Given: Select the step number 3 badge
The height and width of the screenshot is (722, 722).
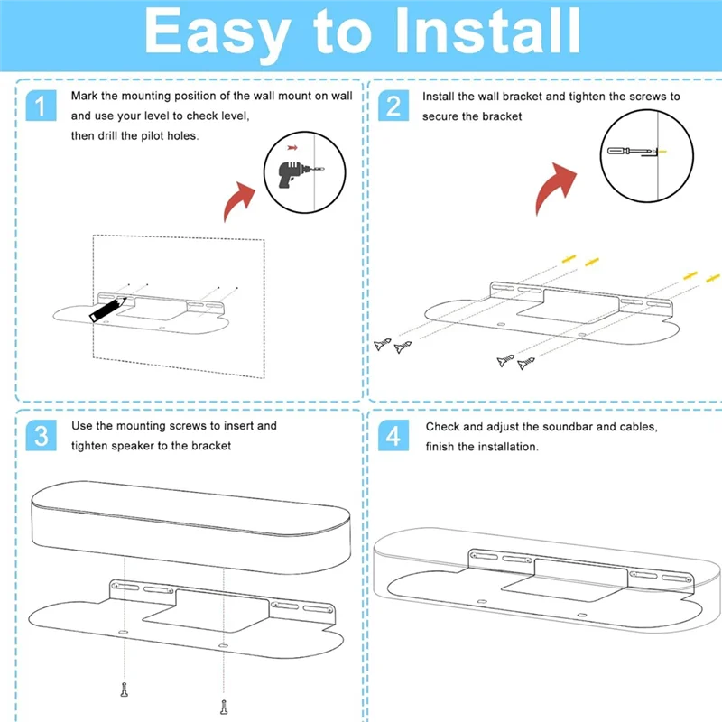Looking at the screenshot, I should [x=40, y=437].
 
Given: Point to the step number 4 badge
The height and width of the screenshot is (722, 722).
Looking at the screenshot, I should [x=393, y=437].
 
